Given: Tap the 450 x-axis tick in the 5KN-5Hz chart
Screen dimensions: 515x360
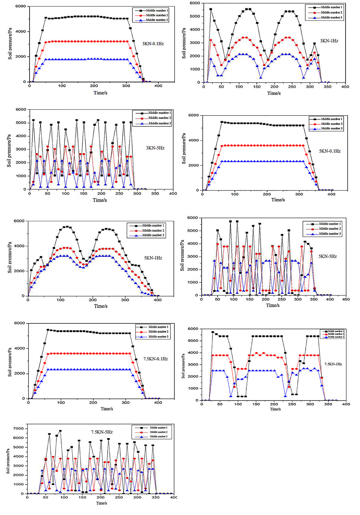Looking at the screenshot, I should (345, 300).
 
